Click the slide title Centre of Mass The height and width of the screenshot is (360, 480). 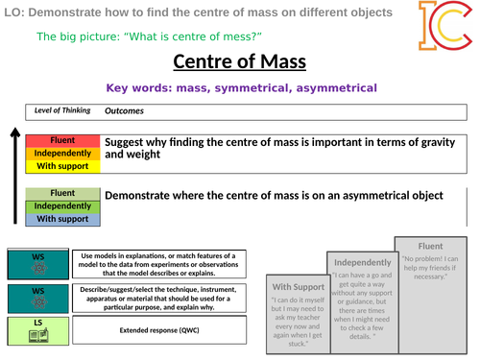click(240, 63)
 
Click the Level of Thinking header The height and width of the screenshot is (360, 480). click(62, 110)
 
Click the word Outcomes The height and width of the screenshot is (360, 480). click(126, 110)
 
